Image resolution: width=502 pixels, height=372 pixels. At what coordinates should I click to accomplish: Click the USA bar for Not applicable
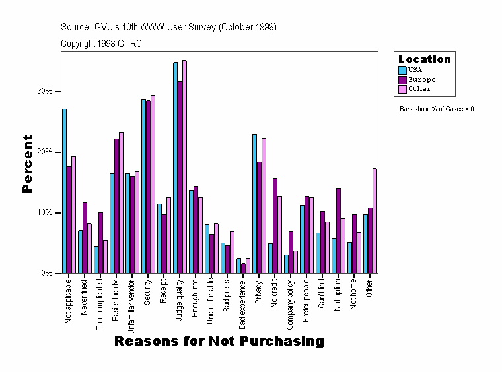pos(64,191)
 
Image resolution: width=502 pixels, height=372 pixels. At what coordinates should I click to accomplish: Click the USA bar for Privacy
pos(254,204)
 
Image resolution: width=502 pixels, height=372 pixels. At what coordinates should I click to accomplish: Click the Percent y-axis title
pos(27,164)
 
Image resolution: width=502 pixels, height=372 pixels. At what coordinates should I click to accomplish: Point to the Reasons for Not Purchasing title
pos(219,342)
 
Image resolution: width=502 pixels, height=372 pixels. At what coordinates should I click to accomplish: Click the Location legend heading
pos(425,59)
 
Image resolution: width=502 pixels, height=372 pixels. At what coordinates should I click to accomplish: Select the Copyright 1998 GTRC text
pos(101,44)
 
